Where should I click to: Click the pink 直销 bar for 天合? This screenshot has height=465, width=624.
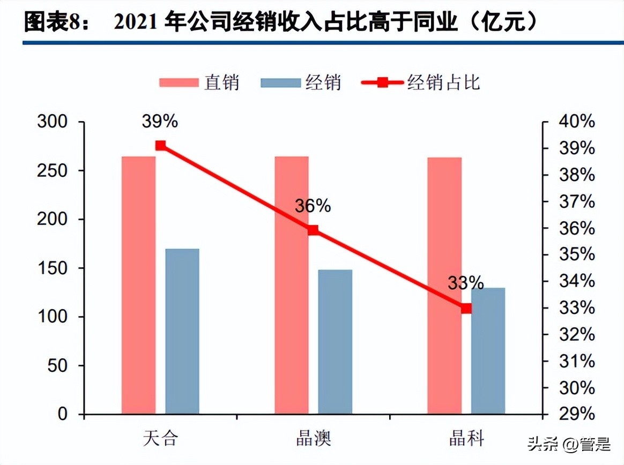[138, 285]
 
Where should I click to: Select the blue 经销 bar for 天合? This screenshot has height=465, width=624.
[182, 331]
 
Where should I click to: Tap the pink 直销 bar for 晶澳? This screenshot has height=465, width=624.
[292, 285]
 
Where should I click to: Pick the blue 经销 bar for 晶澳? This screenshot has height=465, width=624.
[335, 342]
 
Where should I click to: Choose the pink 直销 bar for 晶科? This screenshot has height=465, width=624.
[444, 286]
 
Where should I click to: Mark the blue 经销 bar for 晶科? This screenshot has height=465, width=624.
[488, 351]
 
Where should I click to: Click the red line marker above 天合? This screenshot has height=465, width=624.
[160, 146]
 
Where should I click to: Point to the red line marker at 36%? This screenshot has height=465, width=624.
[314, 230]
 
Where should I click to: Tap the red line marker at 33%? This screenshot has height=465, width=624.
[466, 309]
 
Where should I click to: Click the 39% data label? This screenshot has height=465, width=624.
[160, 121]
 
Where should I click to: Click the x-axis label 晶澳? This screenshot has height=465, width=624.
[314, 439]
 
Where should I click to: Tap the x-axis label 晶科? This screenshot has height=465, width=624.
[466, 439]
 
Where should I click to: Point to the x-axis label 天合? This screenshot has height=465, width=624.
[160, 439]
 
